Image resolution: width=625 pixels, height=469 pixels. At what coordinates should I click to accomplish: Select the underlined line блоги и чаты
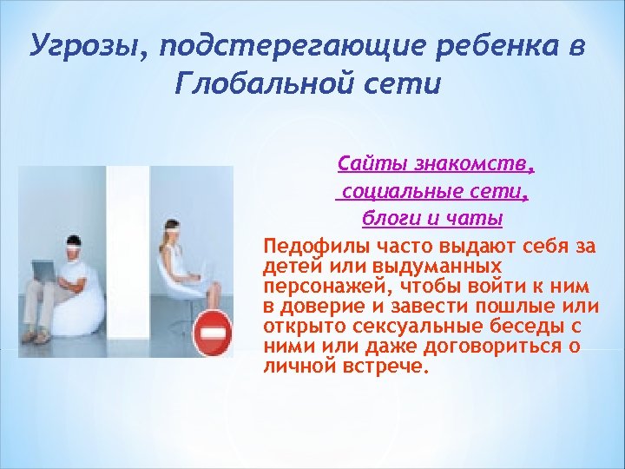point(432,216)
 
